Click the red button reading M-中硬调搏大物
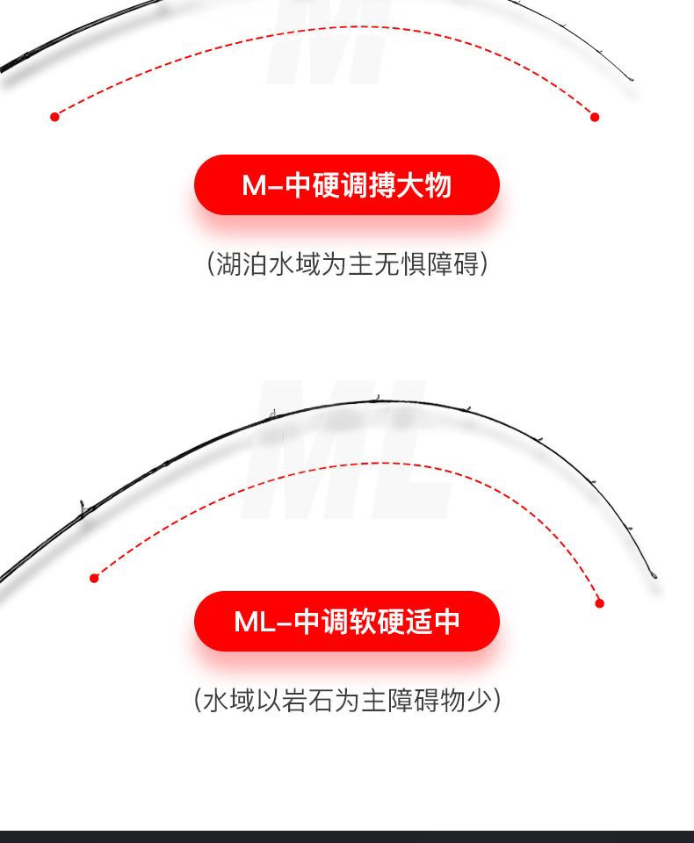(x=346, y=185)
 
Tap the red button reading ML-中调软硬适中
(x=346, y=621)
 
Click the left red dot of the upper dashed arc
(x=54, y=116)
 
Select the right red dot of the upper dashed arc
(x=595, y=117)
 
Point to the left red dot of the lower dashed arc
(x=94, y=578)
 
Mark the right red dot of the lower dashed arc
(x=600, y=602)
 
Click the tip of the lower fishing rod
(x=654, y=576)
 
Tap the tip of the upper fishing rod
(x=631, y=81)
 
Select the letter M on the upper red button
(x=254, y=186)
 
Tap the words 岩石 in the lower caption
(x=321, y=700)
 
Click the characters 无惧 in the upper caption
(x=400, y=263)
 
